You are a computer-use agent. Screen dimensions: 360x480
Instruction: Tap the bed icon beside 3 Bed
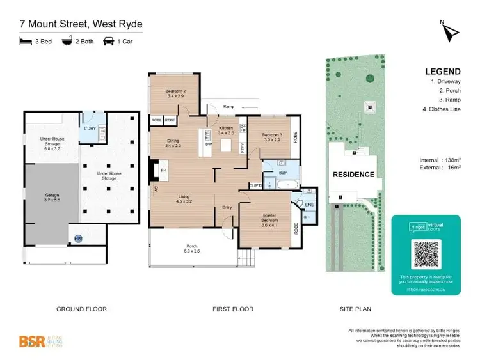tap(26, 42)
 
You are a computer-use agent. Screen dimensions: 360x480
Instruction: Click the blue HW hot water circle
tap(78, 239)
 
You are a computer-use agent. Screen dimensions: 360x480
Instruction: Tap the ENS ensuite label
tap(308, 205)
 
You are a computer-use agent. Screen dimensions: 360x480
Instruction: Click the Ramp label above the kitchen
tap(228, 106)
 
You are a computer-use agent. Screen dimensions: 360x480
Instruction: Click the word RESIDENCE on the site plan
tap(353, 174)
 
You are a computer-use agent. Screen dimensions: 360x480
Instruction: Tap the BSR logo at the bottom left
tap(32, 341)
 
